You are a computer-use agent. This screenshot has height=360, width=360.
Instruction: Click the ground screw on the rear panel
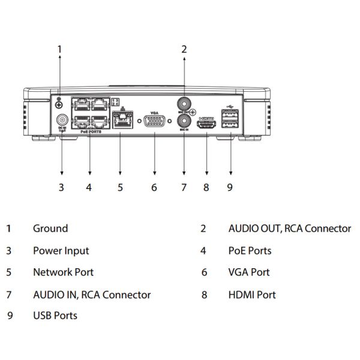click(59, 106)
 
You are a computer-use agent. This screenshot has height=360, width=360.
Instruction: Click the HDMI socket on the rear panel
click(206, 126)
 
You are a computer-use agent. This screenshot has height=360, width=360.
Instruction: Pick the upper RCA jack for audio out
click(184, 103)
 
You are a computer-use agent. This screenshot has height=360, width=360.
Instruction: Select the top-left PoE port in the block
click(81, 104)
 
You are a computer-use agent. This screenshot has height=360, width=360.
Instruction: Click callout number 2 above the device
click(184, 49)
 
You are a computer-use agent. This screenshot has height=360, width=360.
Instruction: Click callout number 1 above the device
click(59, 49)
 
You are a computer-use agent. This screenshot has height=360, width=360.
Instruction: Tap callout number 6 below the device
click(154, 187)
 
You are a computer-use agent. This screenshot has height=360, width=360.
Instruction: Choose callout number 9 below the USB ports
click(230, 187)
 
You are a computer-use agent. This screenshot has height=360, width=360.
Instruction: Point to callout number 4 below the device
click(89, 187)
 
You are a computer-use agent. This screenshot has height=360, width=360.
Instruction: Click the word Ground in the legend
click(50, 229)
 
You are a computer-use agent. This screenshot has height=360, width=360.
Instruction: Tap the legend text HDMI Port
click(252, 295)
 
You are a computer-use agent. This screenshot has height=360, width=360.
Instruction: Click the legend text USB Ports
click(55, 315)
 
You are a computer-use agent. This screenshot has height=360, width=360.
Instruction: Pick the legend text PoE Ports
click(250, 251)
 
